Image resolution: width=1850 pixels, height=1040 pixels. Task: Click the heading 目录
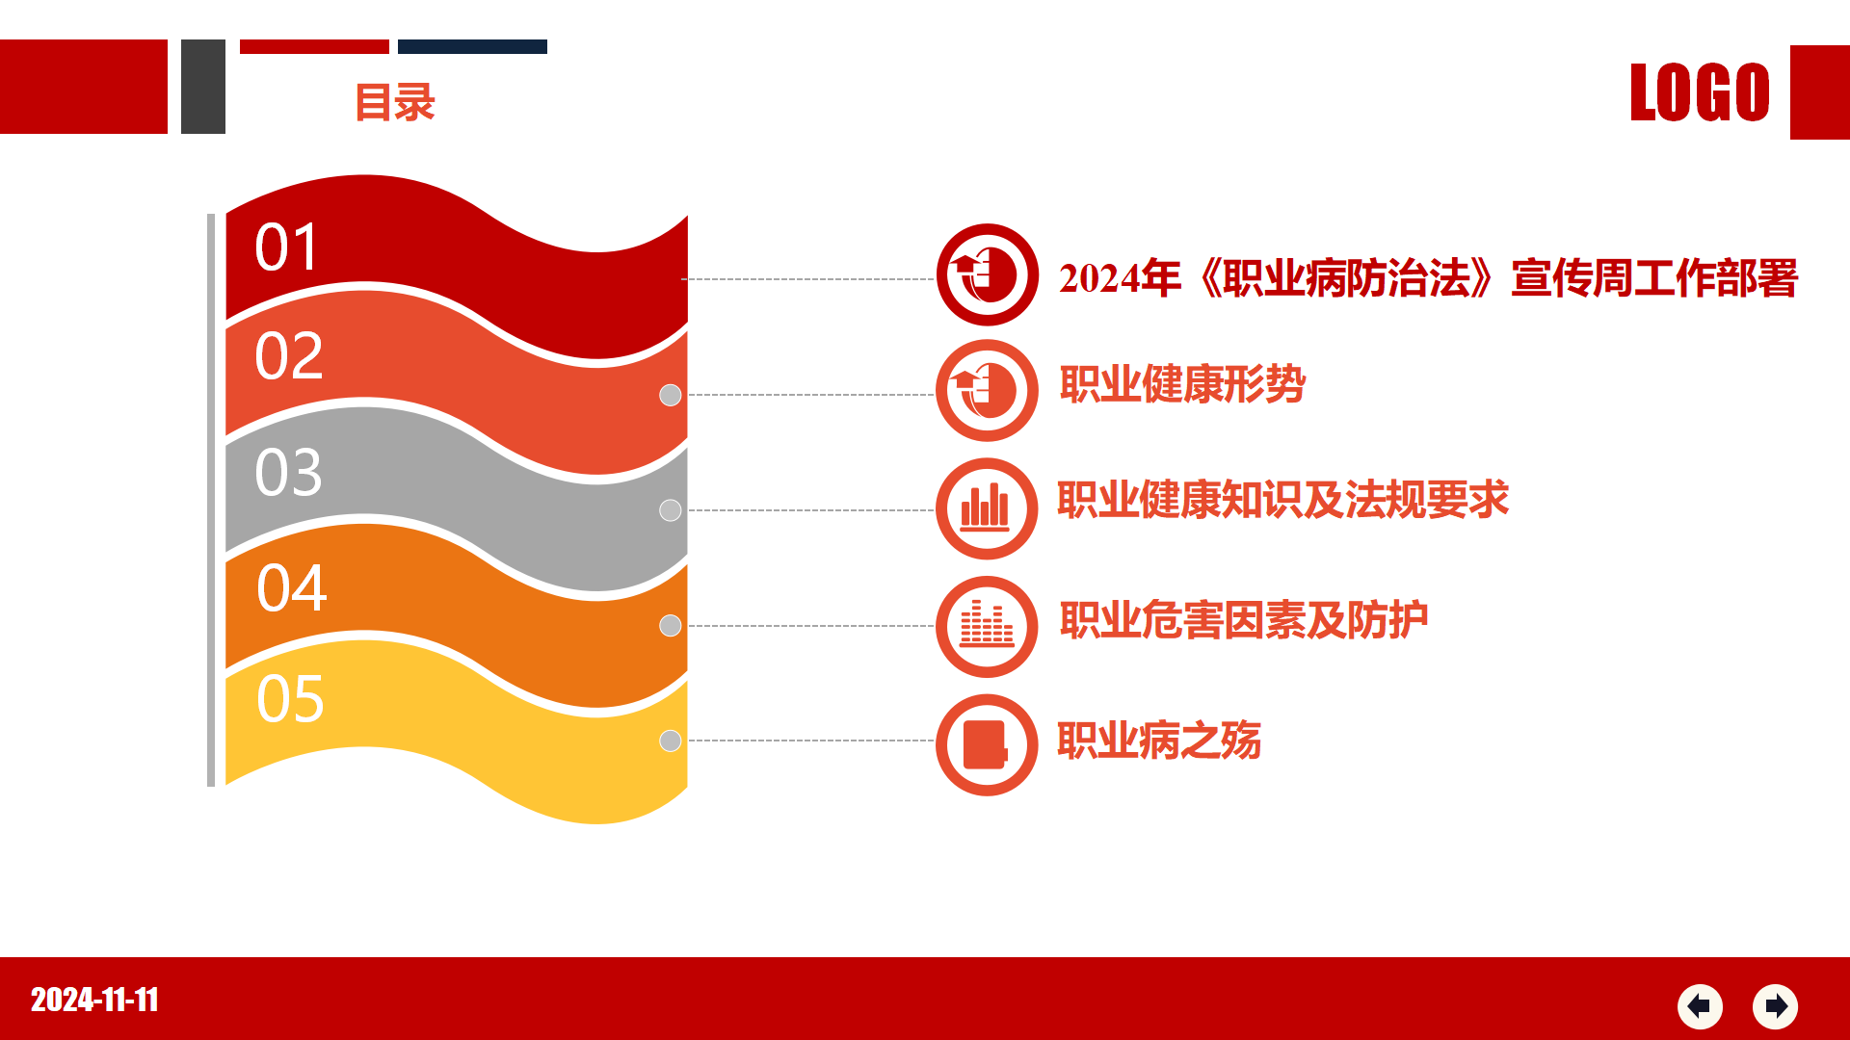click(x=395, y=102)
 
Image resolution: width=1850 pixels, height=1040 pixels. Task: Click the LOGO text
click(x=1700, y=92)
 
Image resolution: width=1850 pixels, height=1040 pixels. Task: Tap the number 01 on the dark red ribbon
click(x=286, y=247)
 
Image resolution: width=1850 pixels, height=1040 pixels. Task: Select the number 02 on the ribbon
click(x=288, y=355)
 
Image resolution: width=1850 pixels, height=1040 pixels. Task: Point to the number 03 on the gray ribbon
click(x=288, y=472)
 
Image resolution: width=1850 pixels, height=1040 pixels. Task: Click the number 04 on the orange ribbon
click(x=291, y=587)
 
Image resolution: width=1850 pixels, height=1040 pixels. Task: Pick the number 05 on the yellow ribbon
click(x=290, y=698)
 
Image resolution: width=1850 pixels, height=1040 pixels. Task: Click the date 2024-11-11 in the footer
click(x=94, y=1000)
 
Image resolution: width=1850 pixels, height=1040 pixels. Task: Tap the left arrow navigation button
click(x=1700, y=1006)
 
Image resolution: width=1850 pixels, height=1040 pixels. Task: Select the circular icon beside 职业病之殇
click(x=987, y=744)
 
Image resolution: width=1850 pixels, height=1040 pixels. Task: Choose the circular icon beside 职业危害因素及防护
click(x=987, y=627)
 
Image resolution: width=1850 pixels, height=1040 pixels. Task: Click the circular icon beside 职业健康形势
click(x=987, y=390)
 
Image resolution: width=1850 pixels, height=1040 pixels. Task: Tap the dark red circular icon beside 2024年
click(x=987, y=274)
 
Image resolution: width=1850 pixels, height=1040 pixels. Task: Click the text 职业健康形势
click(x=1182, y=384)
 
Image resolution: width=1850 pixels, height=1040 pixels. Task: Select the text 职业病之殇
click(x=1159, y=741)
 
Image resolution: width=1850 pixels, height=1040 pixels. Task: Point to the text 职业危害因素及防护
click(x=1244, y=620)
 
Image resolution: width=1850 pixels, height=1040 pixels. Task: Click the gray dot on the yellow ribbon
click(x=671, y=741)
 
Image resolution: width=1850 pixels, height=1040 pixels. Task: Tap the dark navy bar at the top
click(x=472, y=46)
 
